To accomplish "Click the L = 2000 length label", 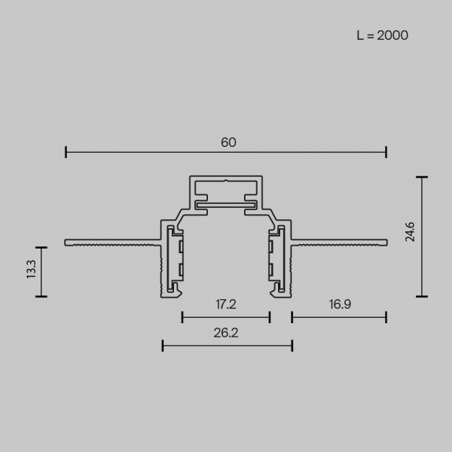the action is tap(382, 35).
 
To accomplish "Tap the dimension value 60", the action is tap(228, 142).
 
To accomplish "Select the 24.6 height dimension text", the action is tap(410, 232).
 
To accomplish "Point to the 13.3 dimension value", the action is tap(31, 269).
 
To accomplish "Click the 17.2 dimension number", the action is tap(226, 304).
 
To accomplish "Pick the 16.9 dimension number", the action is tap(341, 304).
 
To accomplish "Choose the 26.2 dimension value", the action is tap(226, 333).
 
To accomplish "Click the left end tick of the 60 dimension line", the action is tap(66, 152).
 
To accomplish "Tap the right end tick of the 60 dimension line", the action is tap(386, 152).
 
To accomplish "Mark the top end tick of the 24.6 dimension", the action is tap(422, 177).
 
